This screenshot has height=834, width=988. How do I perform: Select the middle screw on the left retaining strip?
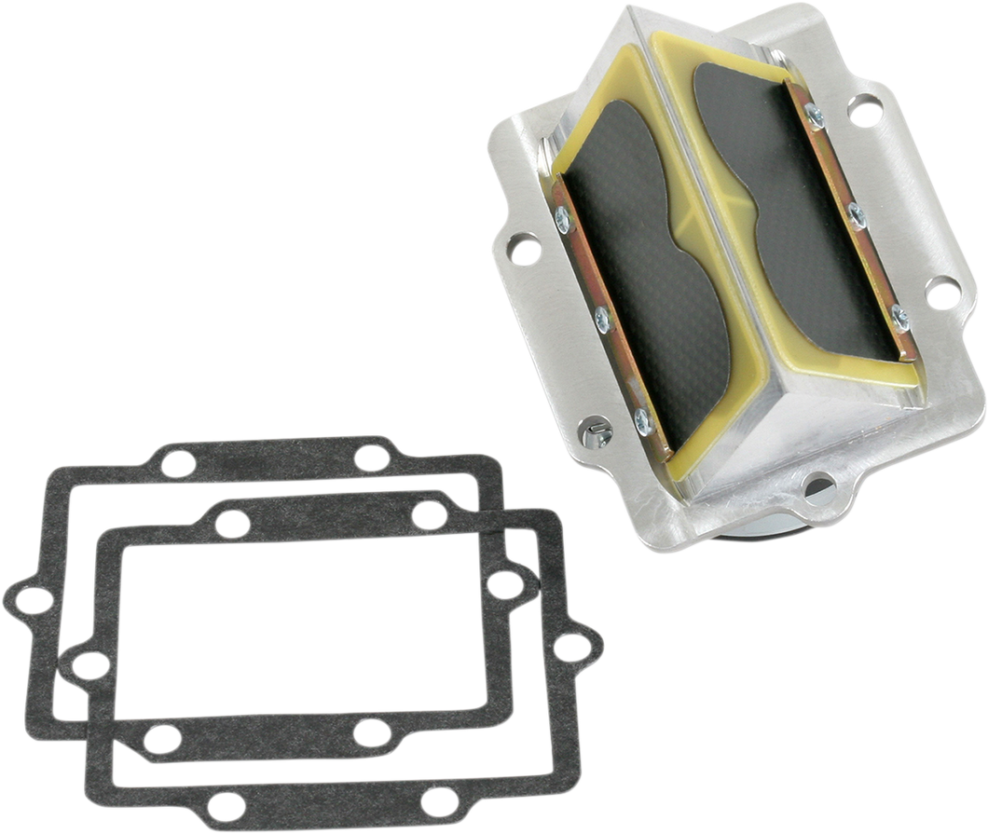pyautogui.click(x=602, y=318)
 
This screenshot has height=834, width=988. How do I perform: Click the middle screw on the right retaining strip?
pyautogui.click(x=856, y=215)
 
